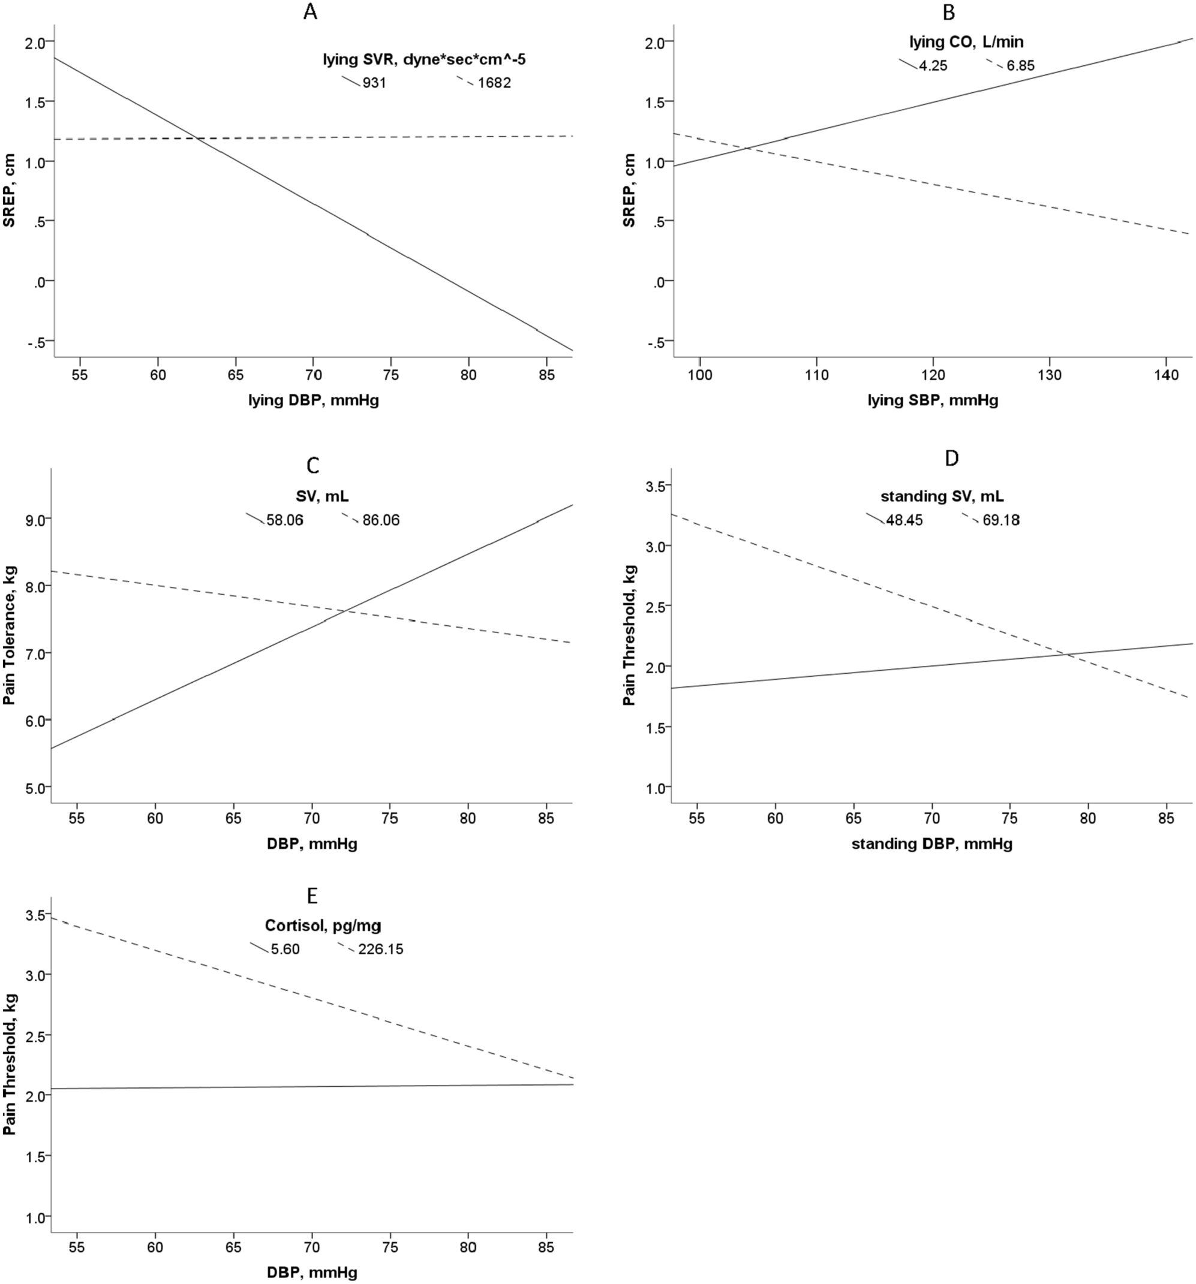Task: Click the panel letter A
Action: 310,12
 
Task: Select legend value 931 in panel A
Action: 374,83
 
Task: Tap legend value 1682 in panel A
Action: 494,83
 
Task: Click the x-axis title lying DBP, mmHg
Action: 313,400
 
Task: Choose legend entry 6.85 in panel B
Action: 1020,66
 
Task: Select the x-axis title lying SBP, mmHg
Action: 933,400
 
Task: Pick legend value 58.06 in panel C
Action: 285,520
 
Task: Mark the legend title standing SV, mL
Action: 942,497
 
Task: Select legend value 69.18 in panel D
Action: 1001,520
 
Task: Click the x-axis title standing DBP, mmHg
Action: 931,843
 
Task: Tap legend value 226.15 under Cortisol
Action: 381,950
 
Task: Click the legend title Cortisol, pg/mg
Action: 323,926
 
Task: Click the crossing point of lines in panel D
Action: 1069,656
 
